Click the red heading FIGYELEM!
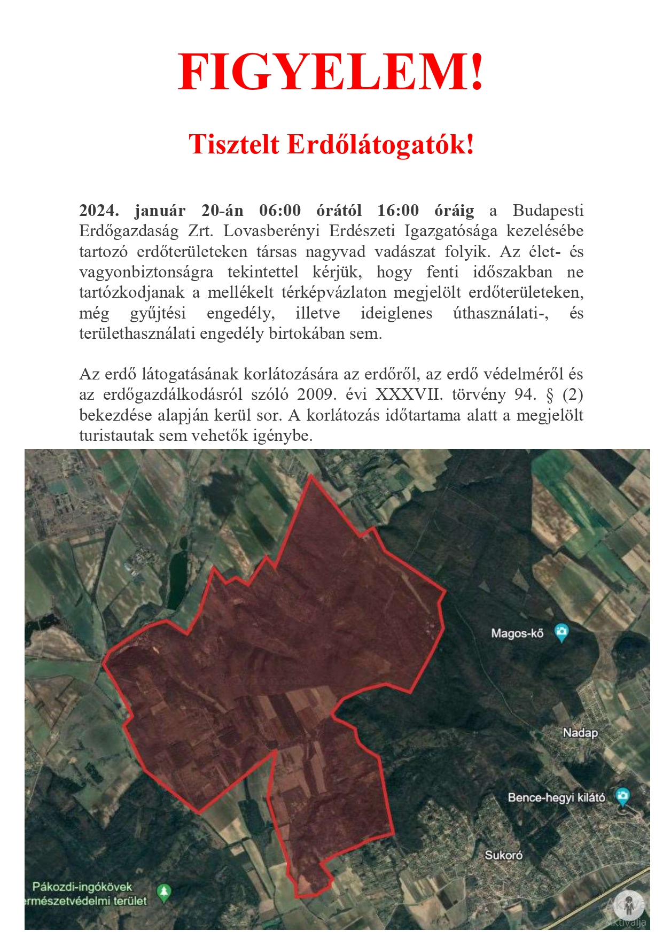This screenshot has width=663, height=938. click(x=331, y=73)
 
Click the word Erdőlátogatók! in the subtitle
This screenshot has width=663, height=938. click(x=380, y=144)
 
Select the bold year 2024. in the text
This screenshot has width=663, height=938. click(x=99, y=211)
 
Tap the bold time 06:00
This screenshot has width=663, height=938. click(x=280, y=211)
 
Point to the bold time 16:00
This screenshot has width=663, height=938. click(x=398, y=211)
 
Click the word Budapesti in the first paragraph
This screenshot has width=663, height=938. click(x=548, y=211)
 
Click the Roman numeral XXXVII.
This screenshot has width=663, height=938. click(x=409, y=394)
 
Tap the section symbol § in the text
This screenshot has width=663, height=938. click(x=550, y=394)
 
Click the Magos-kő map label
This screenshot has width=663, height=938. click(x=517, y=633)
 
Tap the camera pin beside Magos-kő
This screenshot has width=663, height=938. click(x=561, y=632)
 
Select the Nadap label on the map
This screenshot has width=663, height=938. click(x=580, y=733)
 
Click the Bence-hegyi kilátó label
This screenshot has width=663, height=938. click(x=556, y=797)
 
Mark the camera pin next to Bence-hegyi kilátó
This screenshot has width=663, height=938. click(x=622, y=796)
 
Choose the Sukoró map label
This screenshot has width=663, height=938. click(x=503, y=855)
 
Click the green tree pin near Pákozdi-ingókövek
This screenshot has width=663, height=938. click(x=163, y=892)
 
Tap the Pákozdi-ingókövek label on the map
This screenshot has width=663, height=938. click(x=82, y=887)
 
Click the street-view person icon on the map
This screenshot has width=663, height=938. click(x=629, y=905)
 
